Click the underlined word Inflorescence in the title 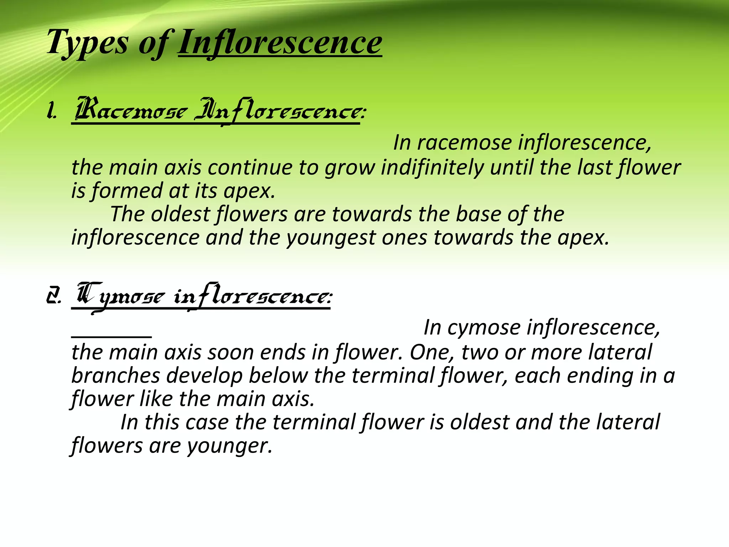280,43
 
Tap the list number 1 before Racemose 51,112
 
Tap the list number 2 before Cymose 53,297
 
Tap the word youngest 331,238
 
